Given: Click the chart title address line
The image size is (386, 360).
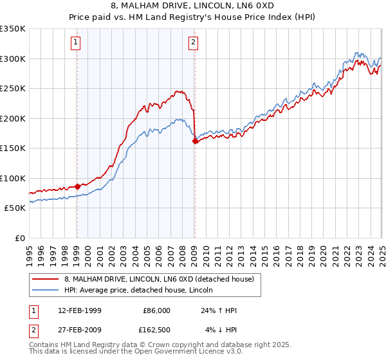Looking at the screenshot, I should coord(192,6).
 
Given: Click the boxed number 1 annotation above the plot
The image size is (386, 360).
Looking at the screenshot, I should coord(76,43).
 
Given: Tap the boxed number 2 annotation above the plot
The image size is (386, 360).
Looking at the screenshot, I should coord(193,43).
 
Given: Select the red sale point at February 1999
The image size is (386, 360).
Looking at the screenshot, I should coord(77,186).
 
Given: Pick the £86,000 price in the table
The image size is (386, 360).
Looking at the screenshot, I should coord(156,310).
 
